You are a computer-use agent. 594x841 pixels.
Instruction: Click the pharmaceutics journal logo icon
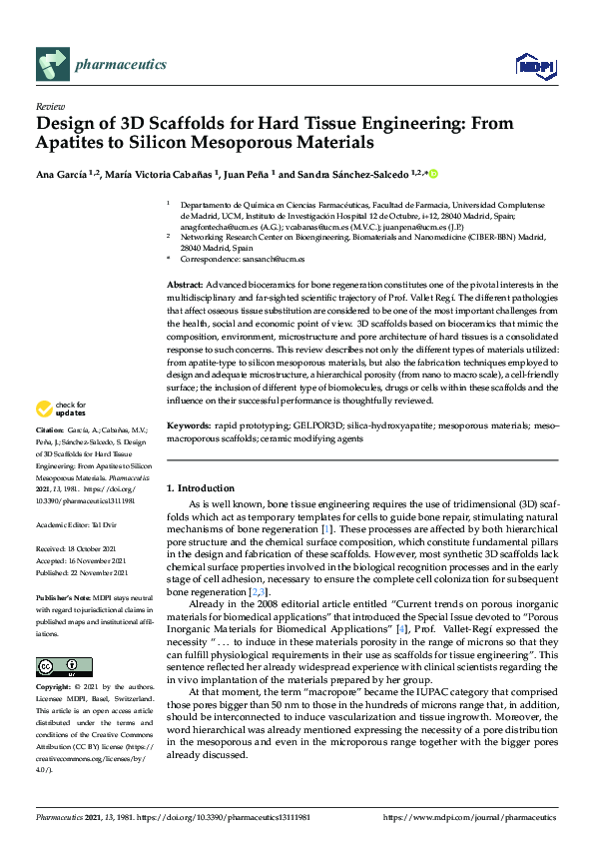tap(51, 65)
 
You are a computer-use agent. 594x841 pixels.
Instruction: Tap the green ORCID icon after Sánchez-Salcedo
tap(434, 173)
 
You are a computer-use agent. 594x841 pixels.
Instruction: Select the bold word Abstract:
tap(186, 285)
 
